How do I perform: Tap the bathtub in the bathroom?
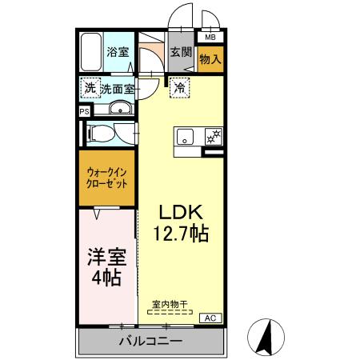click(91, 54)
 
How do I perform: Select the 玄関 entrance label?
click(181, 54)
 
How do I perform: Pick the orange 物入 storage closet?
click(210, 60)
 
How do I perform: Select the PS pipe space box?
click(84, 112)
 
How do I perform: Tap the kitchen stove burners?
click(213, 137)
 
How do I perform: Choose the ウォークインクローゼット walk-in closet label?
click(108, 177)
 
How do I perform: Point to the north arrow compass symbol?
click(268, 335)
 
